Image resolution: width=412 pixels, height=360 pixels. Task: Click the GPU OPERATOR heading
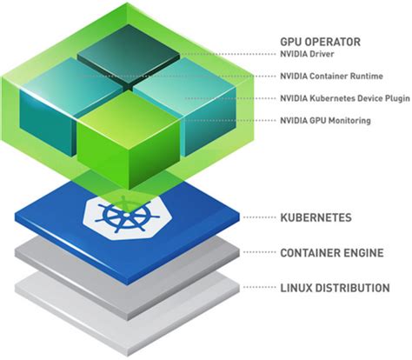pyautogui.click(x=322, y=41)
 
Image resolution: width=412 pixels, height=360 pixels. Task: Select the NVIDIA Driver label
pyautogui.click(x=309, y=55)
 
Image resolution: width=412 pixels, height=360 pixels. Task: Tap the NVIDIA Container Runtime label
pyautogui.click(x=331, y=76)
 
